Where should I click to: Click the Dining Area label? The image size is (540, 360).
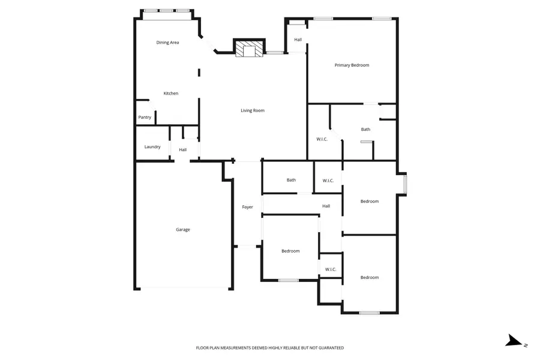(167, 43)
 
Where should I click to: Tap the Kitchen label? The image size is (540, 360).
(171, 94)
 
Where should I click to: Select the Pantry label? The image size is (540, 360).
(145, 118)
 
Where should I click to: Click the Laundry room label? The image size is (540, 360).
(152, 147)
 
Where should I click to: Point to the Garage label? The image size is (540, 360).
(183, 230)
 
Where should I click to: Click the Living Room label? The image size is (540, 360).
(253, 110)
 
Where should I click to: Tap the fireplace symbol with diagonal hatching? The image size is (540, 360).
(248, 49)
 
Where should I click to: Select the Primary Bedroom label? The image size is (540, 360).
(352, 65)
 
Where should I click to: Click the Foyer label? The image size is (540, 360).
(247, 207)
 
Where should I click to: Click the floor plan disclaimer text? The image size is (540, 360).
(270, 348)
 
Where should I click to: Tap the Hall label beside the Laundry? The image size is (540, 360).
(182, 150)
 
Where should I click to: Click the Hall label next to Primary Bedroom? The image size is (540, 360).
(298, 40)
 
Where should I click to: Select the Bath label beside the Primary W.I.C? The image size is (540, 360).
(365, 130)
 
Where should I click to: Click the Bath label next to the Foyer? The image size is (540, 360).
(291, 180)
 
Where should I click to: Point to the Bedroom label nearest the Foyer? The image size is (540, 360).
(290, 251)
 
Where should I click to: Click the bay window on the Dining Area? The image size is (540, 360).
(167, 11)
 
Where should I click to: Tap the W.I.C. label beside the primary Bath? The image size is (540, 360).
(322, 139)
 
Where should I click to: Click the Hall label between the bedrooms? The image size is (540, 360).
(326, 206)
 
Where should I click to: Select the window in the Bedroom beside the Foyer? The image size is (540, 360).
(289, 280)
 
